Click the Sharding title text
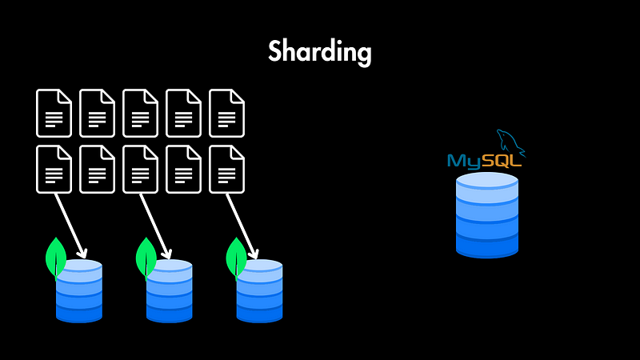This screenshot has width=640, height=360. (x=320, y=52)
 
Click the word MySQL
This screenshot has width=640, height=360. (x=485, y=161)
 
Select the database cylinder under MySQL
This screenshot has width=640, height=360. (x=487, y=215)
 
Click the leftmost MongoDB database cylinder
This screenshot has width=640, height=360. (x=79, y=291)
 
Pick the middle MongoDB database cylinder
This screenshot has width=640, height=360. (x=170, y=291)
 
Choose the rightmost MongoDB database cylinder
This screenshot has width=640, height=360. (x=259, y=291)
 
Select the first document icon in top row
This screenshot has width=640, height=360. (x=54, y=114)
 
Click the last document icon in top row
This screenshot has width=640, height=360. (x=226, y=114)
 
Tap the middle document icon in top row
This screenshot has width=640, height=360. (x=140, y=114)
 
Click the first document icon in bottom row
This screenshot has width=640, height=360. (x=54, y=170)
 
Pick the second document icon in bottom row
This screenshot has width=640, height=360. (x=97, y=170)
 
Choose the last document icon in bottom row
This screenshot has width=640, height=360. (x=226, y=170)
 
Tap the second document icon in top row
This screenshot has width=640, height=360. (x=97, y=114)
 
